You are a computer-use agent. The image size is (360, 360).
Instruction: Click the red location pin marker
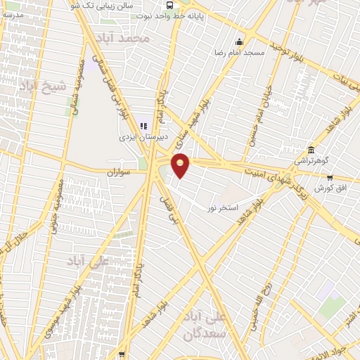[181, 164]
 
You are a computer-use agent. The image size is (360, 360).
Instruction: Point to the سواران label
[120, 172]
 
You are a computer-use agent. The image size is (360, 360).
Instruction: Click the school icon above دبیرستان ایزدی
[143, 126]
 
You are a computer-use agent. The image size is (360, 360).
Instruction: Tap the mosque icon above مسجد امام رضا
[240, 41]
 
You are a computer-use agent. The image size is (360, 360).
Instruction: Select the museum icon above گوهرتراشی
[311, 150]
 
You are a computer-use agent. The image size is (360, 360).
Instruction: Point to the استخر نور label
[223, 208]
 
